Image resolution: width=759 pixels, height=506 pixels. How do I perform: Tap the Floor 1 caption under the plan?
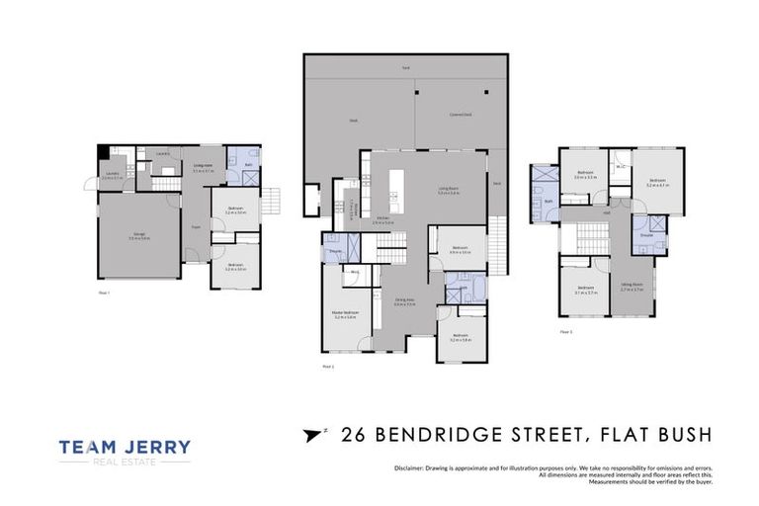pos(103,294)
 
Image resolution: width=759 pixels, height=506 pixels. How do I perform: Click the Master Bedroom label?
pos(345,314)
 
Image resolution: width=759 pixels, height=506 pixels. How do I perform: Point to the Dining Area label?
pos(405,302)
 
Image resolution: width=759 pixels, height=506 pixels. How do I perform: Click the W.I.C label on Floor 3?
pos(620,167)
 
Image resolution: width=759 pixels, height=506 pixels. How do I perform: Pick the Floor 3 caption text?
pos(564,332)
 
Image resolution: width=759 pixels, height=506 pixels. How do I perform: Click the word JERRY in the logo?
pos(156,448)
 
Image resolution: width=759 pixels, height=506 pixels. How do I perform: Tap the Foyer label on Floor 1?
pos(197,226)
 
